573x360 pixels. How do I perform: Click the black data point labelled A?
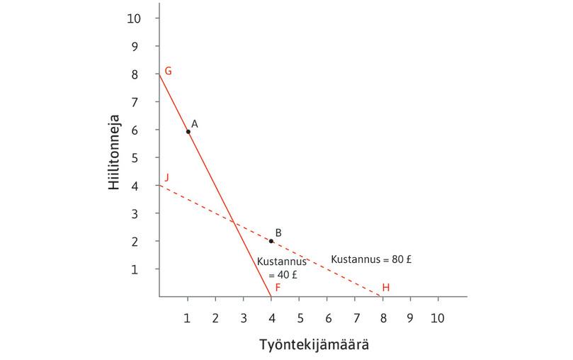click(188, 131)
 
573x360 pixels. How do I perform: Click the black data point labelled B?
click(271, 241)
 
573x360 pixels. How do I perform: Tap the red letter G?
click(168, 71)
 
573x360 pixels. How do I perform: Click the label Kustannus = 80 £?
click(372, 260)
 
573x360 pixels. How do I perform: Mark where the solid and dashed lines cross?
click(233, 223)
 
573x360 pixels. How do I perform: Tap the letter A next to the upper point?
click(195, 123)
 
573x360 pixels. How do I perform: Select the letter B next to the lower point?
click(278, 232)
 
